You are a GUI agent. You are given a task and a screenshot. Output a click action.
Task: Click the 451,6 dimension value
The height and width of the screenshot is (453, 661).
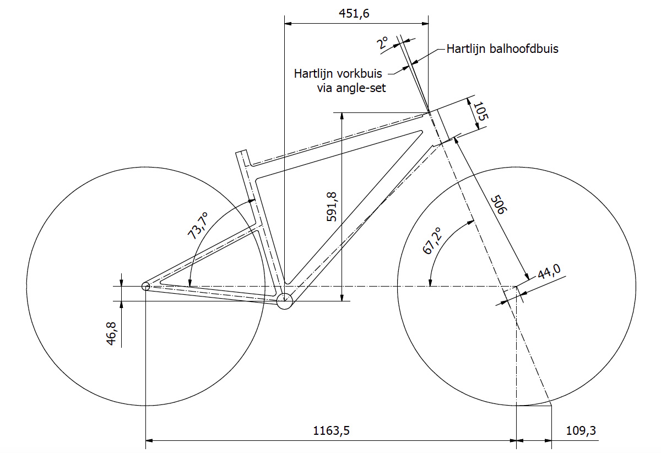click(354, 14)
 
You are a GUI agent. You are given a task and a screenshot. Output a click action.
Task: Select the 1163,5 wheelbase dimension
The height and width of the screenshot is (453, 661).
click(331, 431)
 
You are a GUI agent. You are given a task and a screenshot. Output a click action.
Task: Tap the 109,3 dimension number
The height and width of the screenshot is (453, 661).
click(581, 430)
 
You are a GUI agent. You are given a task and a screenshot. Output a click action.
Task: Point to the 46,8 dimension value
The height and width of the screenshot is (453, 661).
click(111, 333)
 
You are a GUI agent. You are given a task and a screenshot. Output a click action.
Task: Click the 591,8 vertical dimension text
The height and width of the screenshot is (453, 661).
click(332, 207)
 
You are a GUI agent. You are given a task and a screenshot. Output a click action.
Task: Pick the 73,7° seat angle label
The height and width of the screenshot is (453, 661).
click(198, 225)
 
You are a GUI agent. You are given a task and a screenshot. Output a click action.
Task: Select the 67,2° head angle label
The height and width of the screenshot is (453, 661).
click(432, 241)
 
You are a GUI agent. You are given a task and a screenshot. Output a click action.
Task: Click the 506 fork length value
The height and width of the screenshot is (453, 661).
click(499, 204)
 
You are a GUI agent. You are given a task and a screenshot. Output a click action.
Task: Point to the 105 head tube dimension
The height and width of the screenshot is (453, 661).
click(481, 111)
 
